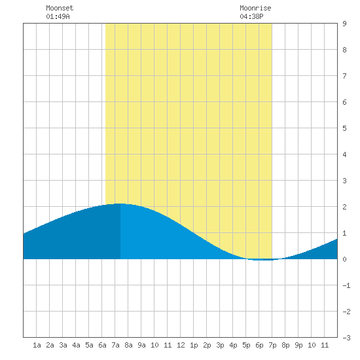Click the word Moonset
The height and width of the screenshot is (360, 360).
click(x=60, y=8)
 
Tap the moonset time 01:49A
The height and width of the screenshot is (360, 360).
click(x=58, y=16)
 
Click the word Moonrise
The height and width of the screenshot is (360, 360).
click(x=255, y=8)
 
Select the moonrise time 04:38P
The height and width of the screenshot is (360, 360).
click(x=251, y=16)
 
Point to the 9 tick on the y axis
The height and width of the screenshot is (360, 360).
click(x=344, y=24)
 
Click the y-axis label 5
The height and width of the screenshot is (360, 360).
click(x=344, y=128)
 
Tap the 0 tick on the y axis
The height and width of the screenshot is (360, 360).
click(x=344, y=259)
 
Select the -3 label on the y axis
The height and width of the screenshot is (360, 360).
click(x=346, y=338)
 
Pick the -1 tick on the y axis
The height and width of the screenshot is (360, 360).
click(x=346, y=285)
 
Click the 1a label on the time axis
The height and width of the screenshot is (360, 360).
click(x=37, y=345)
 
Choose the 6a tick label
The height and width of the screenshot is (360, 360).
click(x=102, y=345)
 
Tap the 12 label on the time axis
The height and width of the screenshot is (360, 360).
click(x=181, y=345)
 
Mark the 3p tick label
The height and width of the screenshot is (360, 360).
click(x=220, y=345)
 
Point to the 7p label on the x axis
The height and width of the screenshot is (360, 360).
click(x=272, y=345)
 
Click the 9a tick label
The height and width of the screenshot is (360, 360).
click(x=141, y=345)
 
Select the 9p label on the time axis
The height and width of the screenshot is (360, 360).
click(x=298, y=345)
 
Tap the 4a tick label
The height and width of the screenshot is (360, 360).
click(x=76, y=345)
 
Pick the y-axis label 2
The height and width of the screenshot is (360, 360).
click(x=344, y=207)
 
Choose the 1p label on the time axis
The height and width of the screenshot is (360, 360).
click(x=194, y=345)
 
